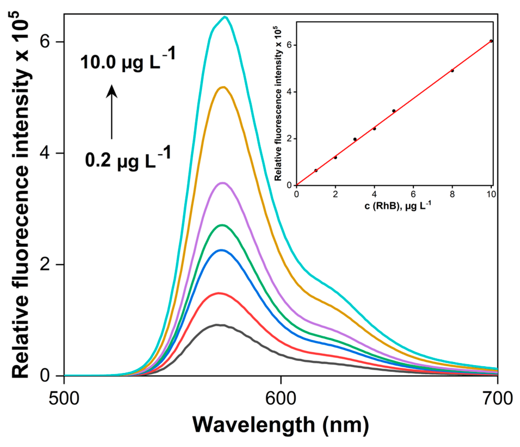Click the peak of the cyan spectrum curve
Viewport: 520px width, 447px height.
(224, 18)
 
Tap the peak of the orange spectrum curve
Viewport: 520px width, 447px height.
(223, 87)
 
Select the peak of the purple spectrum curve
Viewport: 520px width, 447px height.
(222, 183)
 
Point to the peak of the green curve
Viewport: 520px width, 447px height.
(222, 225)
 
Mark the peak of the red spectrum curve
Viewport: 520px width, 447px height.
(219, 293)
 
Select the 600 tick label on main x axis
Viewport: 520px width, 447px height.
(280, 399)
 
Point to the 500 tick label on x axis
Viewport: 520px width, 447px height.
(64, 399)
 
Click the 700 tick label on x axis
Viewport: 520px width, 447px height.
(497, 399)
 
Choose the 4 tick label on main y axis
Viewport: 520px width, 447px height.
(45, 153)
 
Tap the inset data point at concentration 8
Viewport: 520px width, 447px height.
(452, 71)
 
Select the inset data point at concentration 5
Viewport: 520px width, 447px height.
(394, 111)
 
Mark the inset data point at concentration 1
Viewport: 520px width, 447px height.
(316, 171)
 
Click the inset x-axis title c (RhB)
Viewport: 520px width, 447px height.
(397, 206)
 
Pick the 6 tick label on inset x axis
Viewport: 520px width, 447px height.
(413, 194)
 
